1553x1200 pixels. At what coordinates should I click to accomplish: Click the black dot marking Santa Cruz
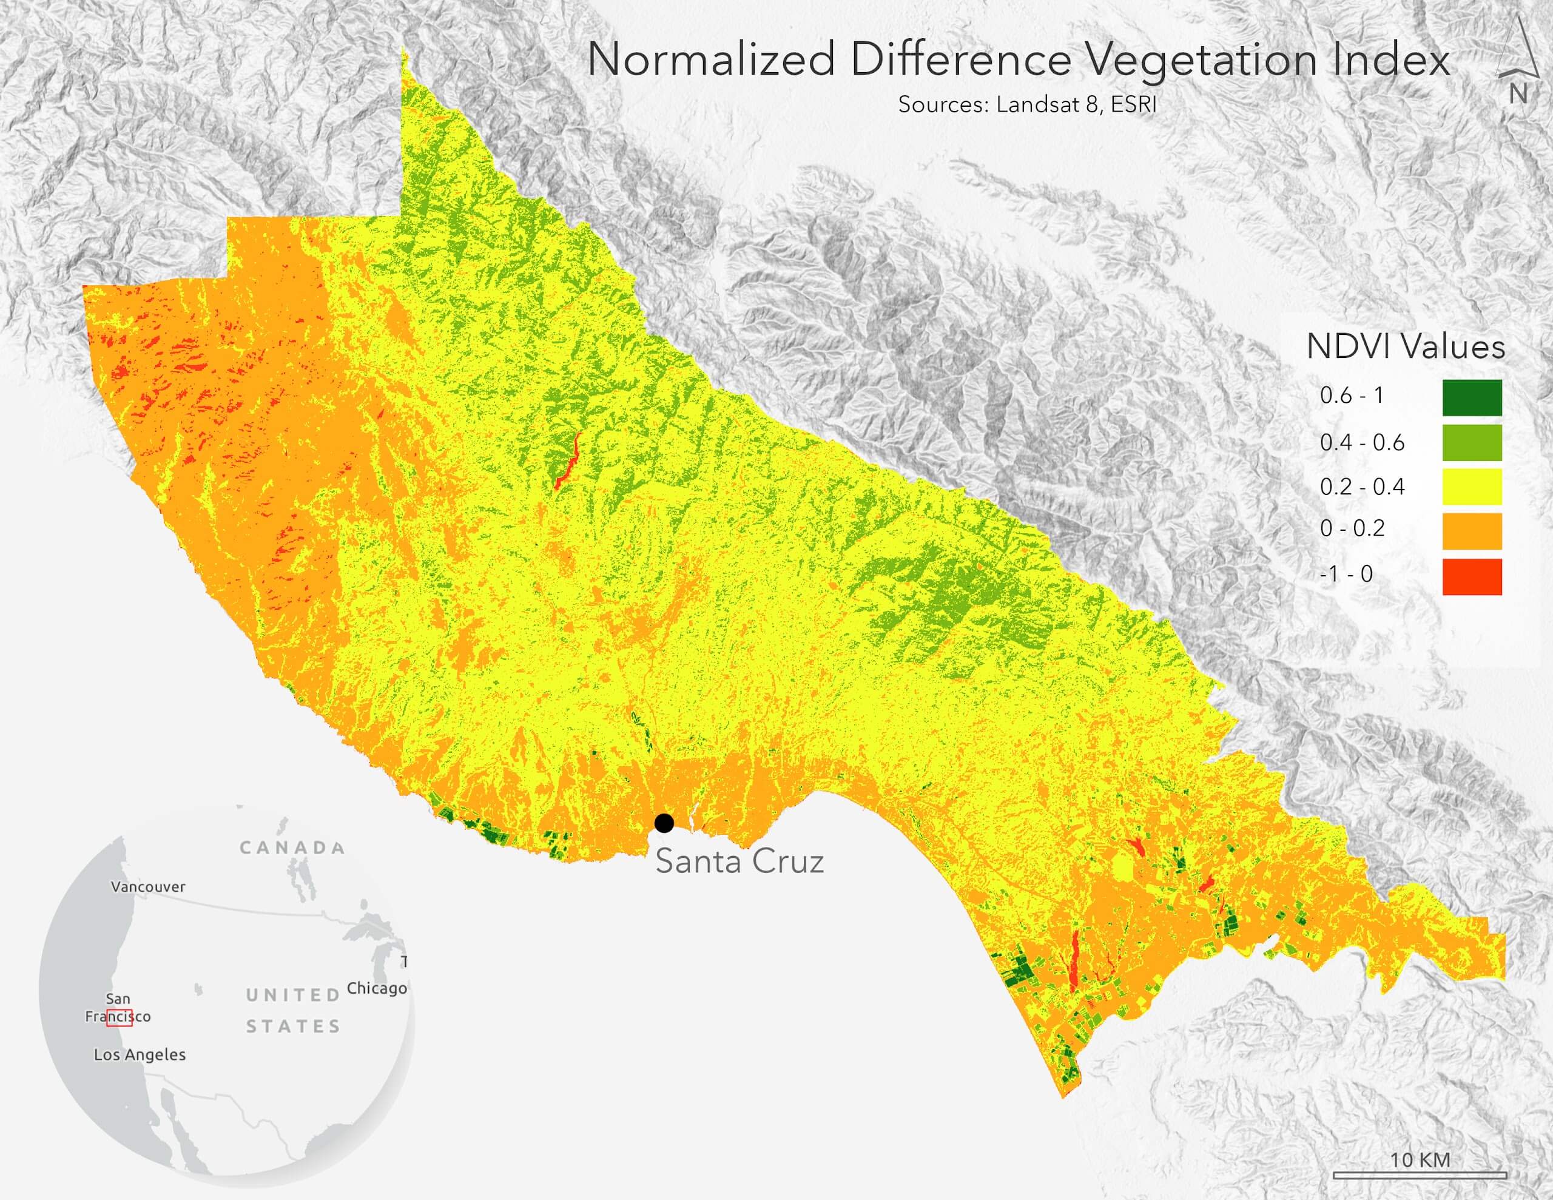pos(664,823)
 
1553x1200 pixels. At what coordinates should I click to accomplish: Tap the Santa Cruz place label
pos(739,861)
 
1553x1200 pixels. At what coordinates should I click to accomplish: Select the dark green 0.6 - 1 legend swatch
pos(1472,397)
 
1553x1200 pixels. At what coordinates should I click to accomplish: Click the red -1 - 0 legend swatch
pos(1472,577)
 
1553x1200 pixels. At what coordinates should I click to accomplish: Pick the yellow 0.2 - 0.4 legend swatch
pos(1472,487)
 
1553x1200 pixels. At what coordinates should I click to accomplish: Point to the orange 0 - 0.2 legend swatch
pos(1472,531)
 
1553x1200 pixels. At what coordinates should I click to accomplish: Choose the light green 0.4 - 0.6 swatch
pos(1472,442)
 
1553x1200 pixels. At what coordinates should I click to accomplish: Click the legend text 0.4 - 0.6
pos(1362,443)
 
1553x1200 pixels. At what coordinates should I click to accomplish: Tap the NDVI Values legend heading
pos(1406,347)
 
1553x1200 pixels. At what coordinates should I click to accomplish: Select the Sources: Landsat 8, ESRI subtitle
pos(1028,104)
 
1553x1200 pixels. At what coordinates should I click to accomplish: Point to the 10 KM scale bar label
pos(1420,1159)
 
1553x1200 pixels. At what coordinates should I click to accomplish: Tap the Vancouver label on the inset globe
pos(148,887)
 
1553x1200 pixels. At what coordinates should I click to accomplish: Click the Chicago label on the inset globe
pos(377,988)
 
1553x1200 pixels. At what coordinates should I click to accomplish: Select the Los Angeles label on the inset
pos(140,1055)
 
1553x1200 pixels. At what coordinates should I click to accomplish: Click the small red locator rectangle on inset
pos(120,1017)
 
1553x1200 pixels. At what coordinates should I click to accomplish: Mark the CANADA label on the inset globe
pos(292,848)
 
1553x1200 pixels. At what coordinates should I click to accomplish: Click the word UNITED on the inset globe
pos(293,995)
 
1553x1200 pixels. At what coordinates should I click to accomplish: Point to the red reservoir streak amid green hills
pos(567,462)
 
